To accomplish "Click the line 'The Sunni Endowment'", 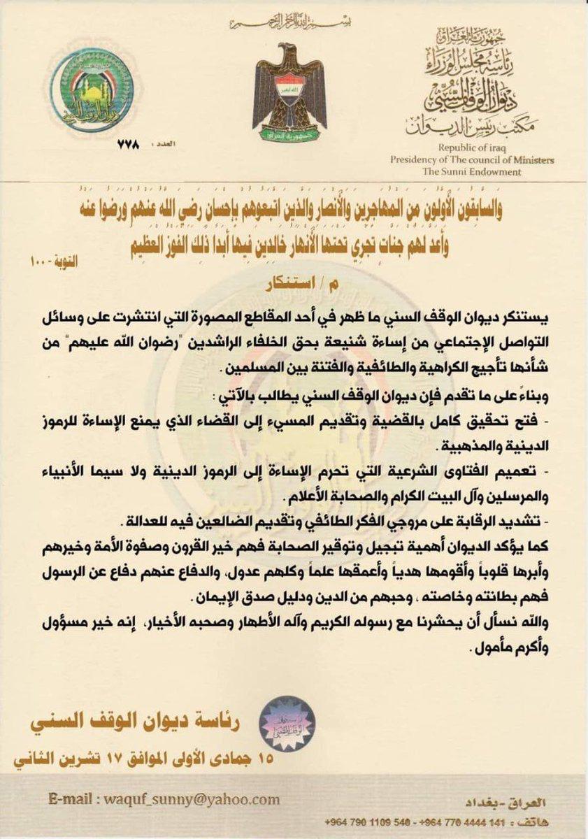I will point(481,171).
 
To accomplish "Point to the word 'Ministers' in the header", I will point(529,160).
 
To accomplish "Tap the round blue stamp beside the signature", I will point(287,723).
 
